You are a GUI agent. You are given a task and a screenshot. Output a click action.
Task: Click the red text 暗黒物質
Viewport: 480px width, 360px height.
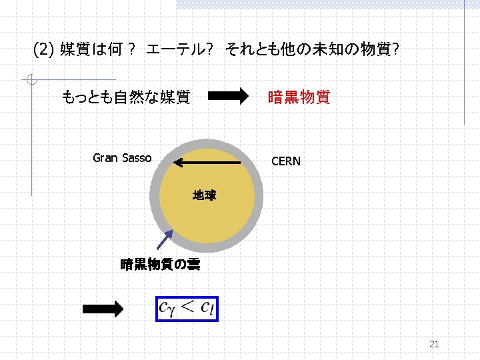tap(298, 97)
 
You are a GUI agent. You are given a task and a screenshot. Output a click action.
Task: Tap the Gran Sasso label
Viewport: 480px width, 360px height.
tap(122, 158)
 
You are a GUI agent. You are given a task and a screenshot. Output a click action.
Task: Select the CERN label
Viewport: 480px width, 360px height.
tap(285, 161)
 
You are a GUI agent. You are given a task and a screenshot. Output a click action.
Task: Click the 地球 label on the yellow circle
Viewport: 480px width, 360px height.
tap(204, 195)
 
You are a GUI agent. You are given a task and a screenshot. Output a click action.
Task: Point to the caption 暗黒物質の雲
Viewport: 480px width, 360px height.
tap(159, 265)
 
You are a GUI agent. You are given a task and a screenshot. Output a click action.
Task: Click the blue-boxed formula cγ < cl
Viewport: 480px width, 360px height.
tap(187, 309)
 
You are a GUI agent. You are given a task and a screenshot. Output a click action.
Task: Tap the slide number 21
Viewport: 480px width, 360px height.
tap(434, 345)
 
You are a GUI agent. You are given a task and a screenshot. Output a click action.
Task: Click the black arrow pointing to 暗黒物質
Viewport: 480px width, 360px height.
tap(227, 97)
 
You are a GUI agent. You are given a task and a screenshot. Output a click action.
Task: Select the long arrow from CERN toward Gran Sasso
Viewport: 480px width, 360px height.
tap(207, 162)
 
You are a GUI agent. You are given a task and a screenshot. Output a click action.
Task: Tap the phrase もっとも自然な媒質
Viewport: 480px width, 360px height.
tap(126, 97)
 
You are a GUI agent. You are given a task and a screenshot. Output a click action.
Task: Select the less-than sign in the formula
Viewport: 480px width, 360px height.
tap(188, 307)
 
